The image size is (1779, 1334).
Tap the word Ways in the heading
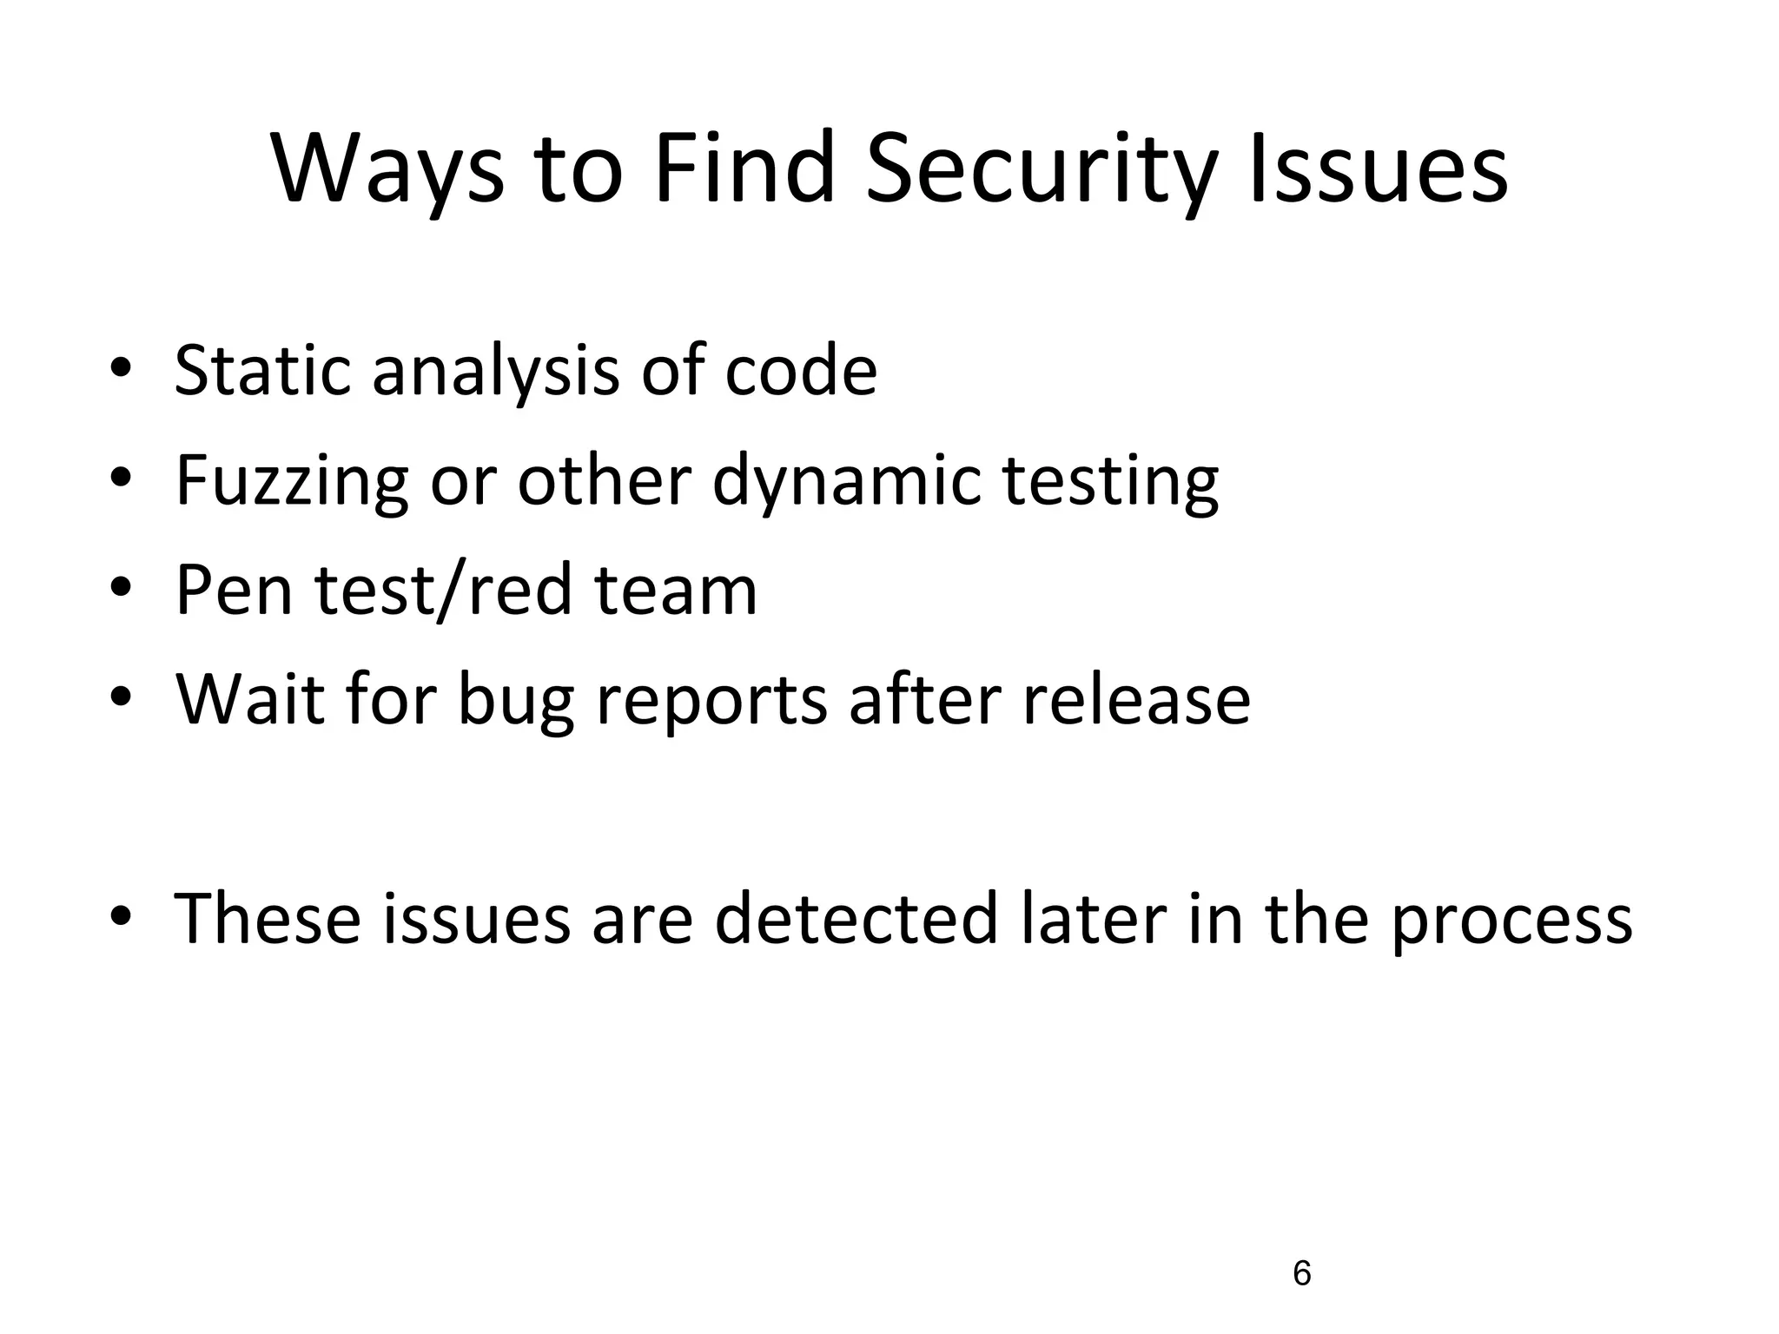(387, 169)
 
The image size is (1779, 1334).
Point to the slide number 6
(1301, 1274)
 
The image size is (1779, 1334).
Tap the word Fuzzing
(292, 483)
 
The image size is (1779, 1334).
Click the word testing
(1111, 483)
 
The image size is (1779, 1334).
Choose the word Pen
(234, 591)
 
